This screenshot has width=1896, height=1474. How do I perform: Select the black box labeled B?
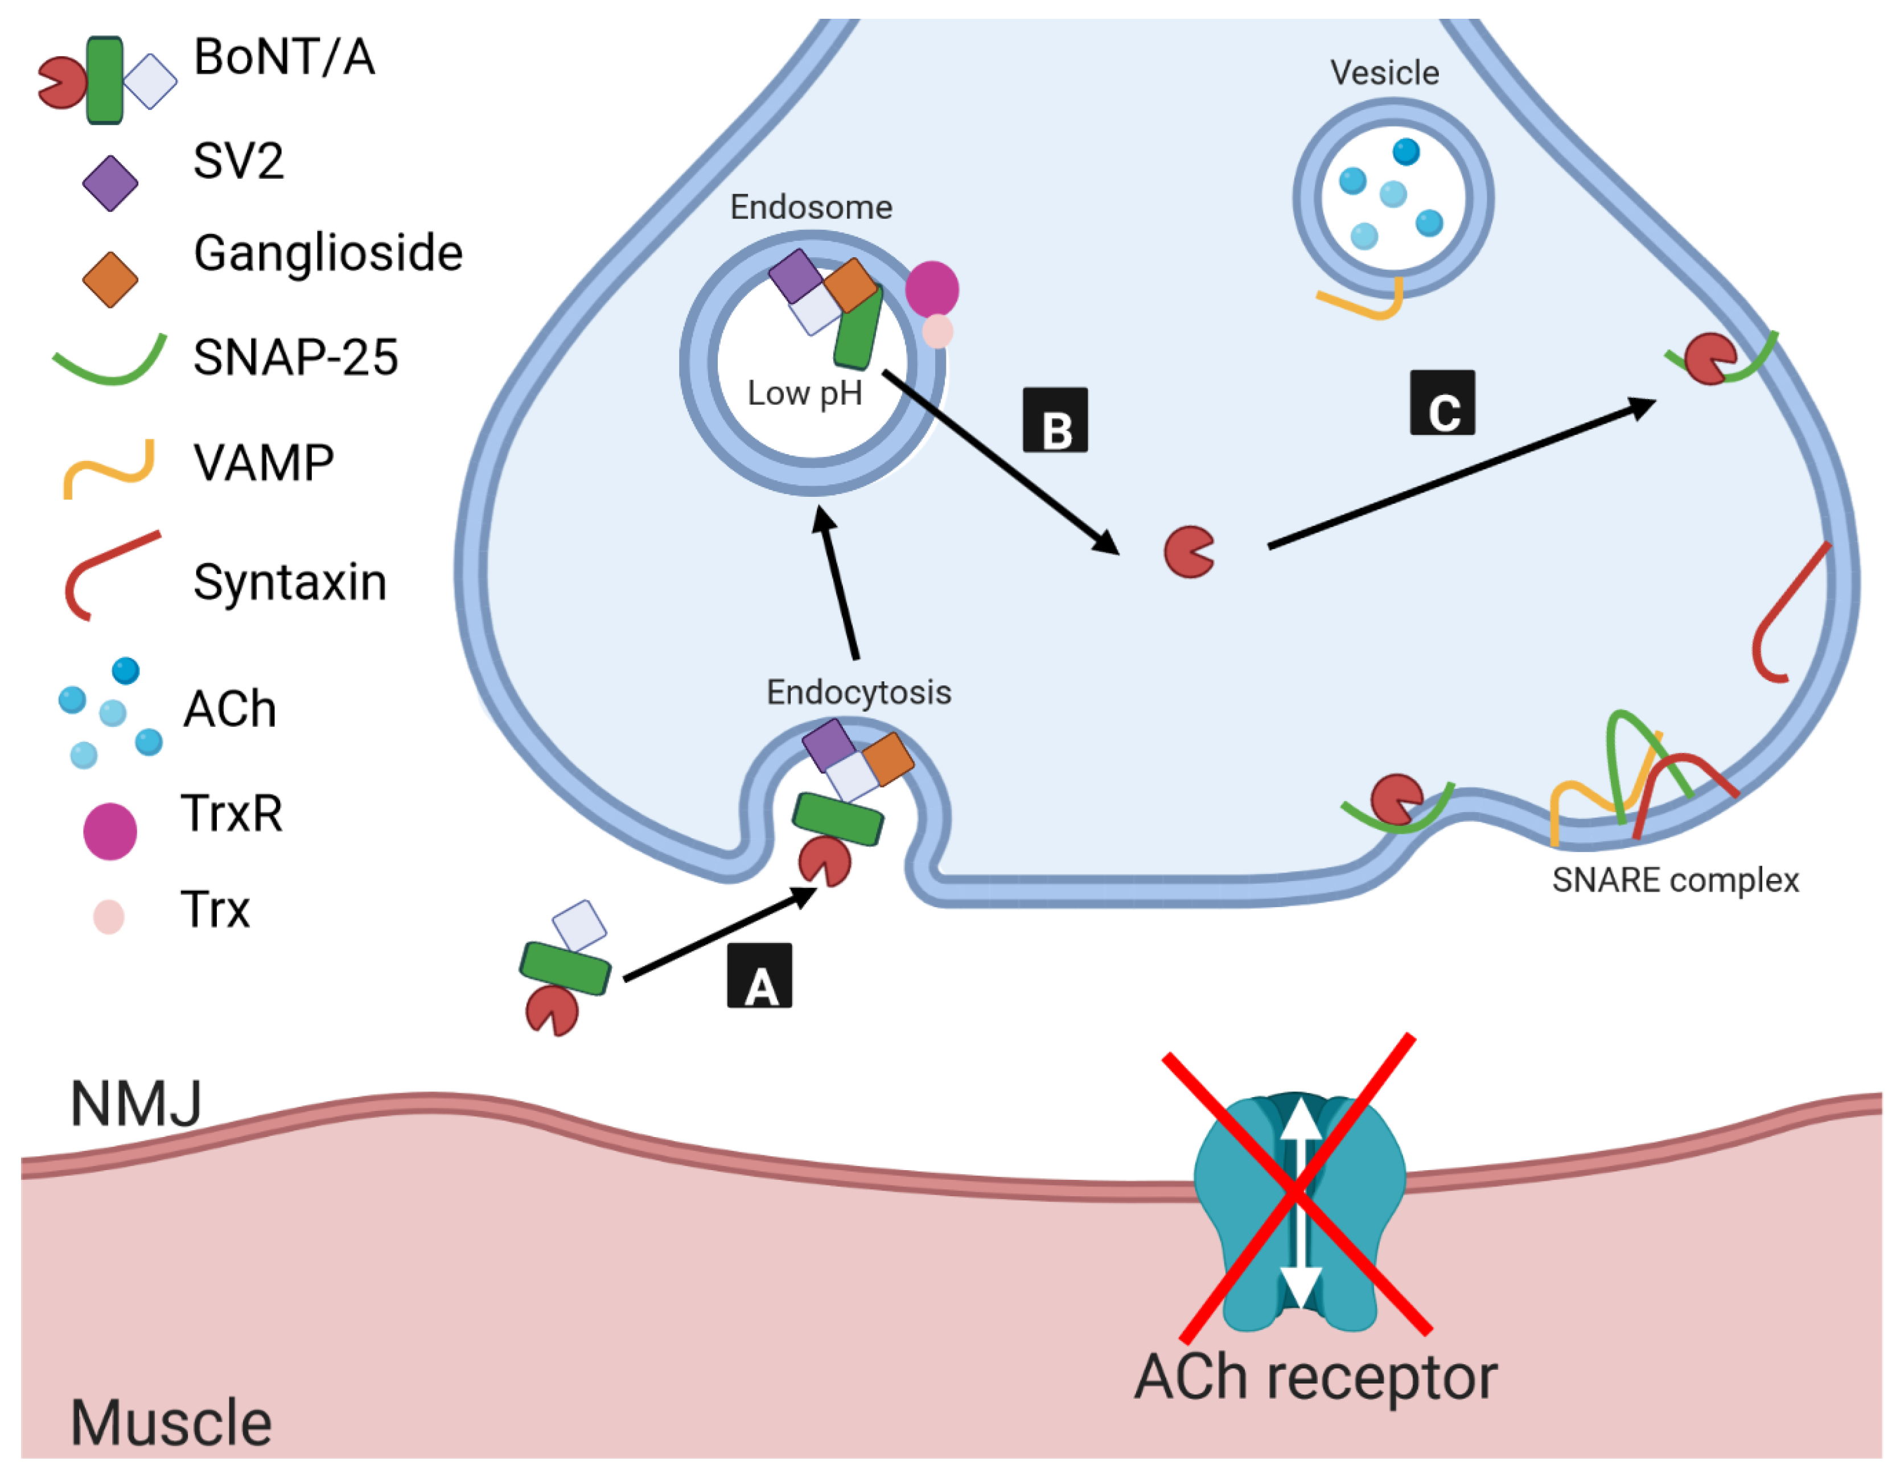(1055, 420)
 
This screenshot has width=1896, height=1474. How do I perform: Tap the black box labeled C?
(1442, 403)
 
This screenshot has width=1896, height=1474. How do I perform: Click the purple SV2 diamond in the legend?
(110, 183)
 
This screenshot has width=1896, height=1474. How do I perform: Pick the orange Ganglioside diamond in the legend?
(110, 279)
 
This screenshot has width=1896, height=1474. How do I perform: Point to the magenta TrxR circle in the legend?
(110, 831)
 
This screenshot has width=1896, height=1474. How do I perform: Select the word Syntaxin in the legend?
(290, 582)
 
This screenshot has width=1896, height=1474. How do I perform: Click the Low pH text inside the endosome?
(805, 393)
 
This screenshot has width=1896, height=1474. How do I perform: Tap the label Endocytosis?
(858, 692)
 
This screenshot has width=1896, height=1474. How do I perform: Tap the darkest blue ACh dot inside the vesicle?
(1405, 152)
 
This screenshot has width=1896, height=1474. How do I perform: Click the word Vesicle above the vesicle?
(1385, 73)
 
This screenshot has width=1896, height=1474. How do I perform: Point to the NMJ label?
(136, 1104)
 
